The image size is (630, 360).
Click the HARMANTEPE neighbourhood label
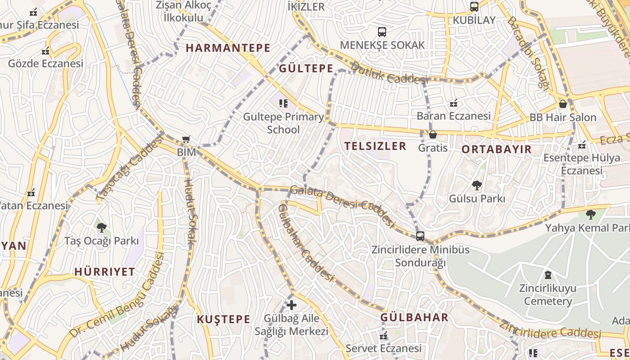pyautogui.click(x=228, y=48)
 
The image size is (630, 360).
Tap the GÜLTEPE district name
pyautogui.click(x=306, y=69)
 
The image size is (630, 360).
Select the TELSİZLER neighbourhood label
pyautogui.click(x=375, y=146)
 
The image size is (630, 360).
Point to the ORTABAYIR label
pyautogui.click(x=497, y=149)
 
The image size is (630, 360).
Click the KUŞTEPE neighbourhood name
pyautogui.click(x=223, y=319)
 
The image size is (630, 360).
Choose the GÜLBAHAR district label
pyautogui.click(x=414, y=318)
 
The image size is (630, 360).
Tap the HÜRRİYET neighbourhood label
pyautogui.click(x=104, y=272)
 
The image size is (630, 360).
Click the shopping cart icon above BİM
pyautogui.click(x=186, y=140)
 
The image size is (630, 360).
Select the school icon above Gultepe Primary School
pyautogui.click(x=283, y=104)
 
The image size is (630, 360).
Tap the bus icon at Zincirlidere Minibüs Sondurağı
pyautogui.click(x=420, y=236)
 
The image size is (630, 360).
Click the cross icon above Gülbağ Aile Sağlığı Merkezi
pyautogui.click(x=292, y=305)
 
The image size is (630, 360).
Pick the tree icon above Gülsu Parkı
pyautogui.click(x=477, y=185)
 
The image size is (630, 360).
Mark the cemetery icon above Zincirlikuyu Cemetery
pyautogui.click(x=548, y=274)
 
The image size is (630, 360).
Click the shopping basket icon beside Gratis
pyautogui.click(x=433, y=135)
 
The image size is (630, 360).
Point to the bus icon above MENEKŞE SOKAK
pyautogui.click(x=382, y=32)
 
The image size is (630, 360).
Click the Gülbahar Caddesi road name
pyautogui.click(x=306, y=243)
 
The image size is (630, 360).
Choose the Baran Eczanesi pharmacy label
pyautogui.click(x=453, y=116)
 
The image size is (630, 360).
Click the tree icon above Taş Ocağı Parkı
pyautogui.click(x=102, y=227)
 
